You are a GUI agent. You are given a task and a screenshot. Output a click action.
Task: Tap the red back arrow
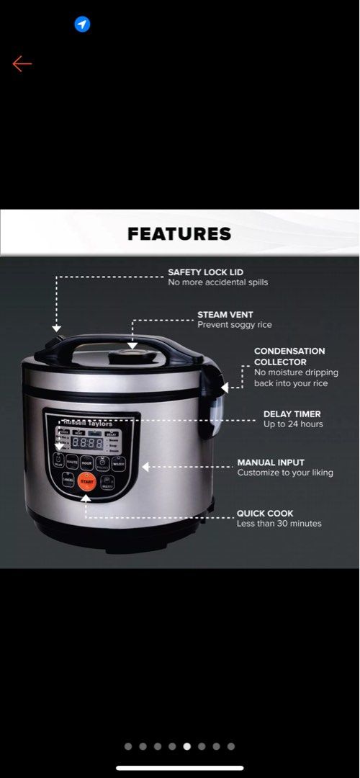(x=22, y=64)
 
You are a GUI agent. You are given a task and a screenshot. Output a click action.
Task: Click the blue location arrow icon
(x=82, y=25)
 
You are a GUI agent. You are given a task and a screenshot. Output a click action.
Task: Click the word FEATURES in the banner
(x=179, y=233)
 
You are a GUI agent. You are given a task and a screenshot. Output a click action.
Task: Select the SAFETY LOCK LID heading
(x=206, y=272)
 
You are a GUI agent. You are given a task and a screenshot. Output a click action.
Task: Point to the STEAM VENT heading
(x=225, y=315)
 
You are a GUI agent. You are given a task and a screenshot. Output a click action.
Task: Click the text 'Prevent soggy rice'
(x=235, y=325)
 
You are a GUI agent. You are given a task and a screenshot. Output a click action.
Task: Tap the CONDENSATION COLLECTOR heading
(x=289, y=357)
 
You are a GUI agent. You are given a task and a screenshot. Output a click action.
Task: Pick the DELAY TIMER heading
(x=292, y=414)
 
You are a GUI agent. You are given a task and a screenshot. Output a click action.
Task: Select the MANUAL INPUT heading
(x=271, y=462)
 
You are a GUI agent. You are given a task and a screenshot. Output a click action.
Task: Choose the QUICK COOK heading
(x=265, y=514)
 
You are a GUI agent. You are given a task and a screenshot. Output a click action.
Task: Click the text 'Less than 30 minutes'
(x=279, y=524)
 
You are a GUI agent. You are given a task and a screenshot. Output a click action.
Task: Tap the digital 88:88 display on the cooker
(x=86, y=442)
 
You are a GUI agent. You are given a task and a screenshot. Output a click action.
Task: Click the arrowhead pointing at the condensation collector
(x=224, y=387)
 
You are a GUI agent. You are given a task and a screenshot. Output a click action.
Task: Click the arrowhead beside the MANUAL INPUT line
(x=145, y=467)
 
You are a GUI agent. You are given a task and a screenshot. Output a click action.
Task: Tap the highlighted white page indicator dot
(x=187, y=746)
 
